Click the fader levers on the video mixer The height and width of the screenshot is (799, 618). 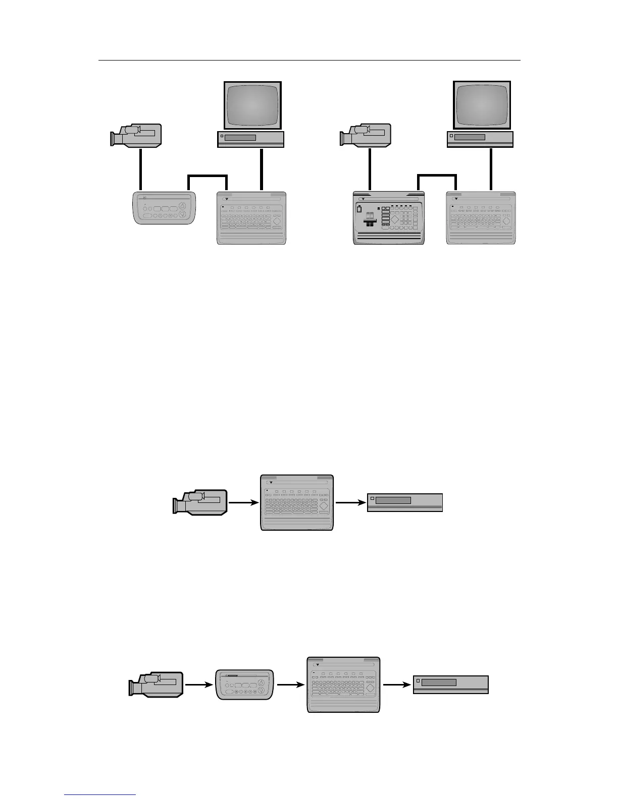pyautogui.click(x=370, y=220)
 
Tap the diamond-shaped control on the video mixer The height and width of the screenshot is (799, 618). pyautogui.click(x=394, y=219)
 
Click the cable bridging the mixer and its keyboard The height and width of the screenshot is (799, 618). pyautogui.click(x=437, y=176)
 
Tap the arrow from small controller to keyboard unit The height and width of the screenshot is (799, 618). pyautogui.click(x=290, y=684)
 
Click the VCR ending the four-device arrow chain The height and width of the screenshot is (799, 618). pyautogui.click(x=450, y=684)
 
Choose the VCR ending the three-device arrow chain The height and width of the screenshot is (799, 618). pyautogui.click(x=404, y=502)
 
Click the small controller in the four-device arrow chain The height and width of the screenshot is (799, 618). pyautogui.click(x=245, y=684)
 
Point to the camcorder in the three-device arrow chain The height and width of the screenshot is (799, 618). pyautogui.click(x=200, y=501)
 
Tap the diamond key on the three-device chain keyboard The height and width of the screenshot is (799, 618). pyautogui.click(x=324, y=505)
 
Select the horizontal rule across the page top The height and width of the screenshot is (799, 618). pyautogui.click(x=308, y=60)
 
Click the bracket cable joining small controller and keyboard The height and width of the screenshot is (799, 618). pyautogui.click(x=208, y=176)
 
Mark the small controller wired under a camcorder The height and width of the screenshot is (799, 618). pyautogui.click(x=163, y=208)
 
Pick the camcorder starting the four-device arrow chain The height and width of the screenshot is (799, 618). pyautogui.click(x=156, y=684)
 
